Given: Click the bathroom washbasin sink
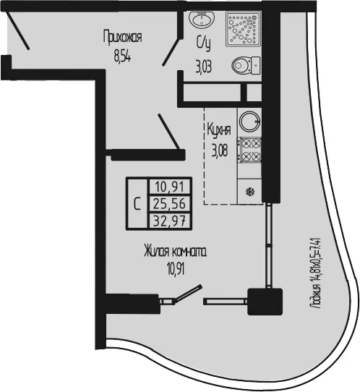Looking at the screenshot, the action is (x=202, y=19).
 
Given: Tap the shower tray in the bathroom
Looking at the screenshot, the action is (x=244, y=29).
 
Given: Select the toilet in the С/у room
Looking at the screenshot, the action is (x=246, y=66).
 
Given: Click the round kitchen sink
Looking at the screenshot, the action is (x=249, y=122).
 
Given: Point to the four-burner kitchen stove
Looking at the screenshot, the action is (x=249, y=150).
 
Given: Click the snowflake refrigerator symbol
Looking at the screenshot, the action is (x=250, y=192).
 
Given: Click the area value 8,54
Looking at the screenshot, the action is (x=122, y=56).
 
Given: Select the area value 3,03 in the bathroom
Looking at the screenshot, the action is (x=204, y=67).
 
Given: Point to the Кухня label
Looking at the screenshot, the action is (x=219, y=130).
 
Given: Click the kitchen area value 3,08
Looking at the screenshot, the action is (x=220, y=150).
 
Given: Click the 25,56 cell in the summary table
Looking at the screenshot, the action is (x=170, y=203).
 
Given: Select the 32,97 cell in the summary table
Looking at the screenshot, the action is (x=170, y=221).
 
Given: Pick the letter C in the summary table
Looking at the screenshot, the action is (x=137, y=204).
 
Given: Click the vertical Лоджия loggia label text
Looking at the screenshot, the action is (x=316, y=273).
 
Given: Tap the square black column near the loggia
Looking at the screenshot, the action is (x=265, y=302).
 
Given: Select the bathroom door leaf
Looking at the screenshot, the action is (x=172, y=51).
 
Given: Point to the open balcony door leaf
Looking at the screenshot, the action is (x=188, y=293).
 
